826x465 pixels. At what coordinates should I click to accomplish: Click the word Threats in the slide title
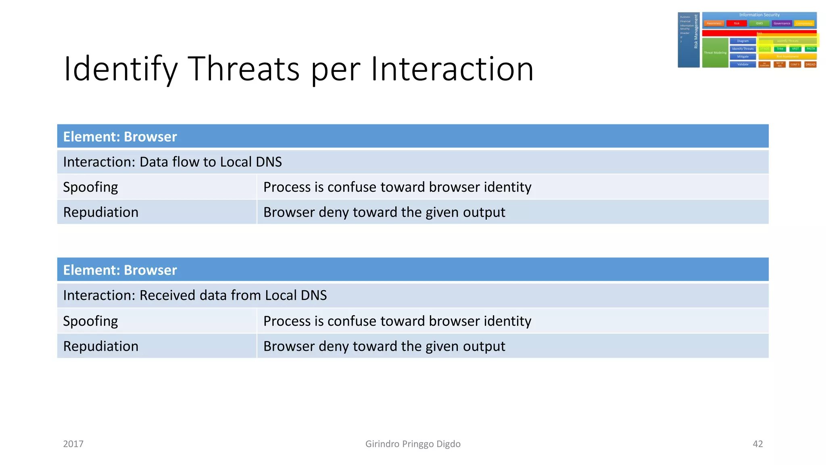pos(244,69)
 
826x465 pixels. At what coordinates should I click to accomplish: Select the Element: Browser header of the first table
pos(120,136)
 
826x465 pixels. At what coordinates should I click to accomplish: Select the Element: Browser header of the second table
pos(120,270)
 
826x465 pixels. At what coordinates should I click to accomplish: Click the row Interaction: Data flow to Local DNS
pos(172,162)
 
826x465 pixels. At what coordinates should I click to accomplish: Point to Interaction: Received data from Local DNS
pos(195,295)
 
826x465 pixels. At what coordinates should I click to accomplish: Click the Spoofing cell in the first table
pos(91,187)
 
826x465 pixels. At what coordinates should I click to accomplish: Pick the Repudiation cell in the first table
pos(101,212)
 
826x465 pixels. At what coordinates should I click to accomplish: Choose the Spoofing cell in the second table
pos(91,321)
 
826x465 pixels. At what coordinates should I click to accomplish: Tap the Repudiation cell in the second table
pos(101,346)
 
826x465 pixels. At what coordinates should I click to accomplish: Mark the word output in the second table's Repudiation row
pos(484,346)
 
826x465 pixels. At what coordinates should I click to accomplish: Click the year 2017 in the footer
pos(73,444)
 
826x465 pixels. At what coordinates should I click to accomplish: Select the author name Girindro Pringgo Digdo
pos(413,444)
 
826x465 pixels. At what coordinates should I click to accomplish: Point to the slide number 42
pos(757,444)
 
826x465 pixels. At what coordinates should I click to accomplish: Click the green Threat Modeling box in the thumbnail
pos(715,52)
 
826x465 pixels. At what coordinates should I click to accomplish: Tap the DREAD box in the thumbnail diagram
pos(810,64)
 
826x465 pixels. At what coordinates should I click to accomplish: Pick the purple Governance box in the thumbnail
pos(782,23)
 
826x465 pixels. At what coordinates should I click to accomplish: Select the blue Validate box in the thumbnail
pos(743,64)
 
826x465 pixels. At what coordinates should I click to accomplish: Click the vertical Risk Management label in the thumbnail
pos(696,31)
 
